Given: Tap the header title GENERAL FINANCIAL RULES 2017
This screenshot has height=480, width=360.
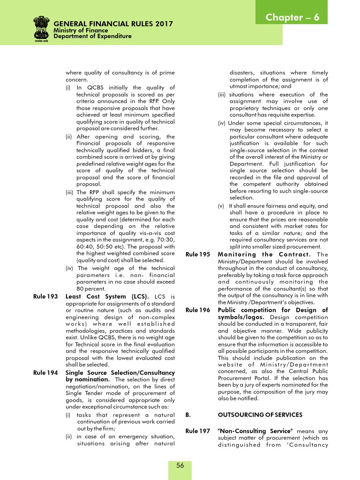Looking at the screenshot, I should [x=113, y=24].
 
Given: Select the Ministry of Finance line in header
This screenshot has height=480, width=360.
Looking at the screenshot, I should [x=81, y=30].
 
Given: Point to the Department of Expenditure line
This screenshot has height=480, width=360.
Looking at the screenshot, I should [x=92, y=36].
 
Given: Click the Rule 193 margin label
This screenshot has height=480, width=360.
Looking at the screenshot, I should [x=46, y=296].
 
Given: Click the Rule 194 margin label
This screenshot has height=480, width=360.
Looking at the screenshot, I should [x=46, y=373].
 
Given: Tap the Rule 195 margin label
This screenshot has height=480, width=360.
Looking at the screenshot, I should [x=198, y=255].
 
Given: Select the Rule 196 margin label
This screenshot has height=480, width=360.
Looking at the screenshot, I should [x=198, y=310].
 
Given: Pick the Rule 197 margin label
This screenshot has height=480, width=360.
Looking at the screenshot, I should [x=198, y=431].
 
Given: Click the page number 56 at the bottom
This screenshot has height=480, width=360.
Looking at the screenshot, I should [x=180, y=465].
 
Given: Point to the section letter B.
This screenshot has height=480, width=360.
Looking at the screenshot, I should [x=188, y=415].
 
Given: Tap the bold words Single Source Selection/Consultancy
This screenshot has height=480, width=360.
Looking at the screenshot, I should [x=120, y=373].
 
